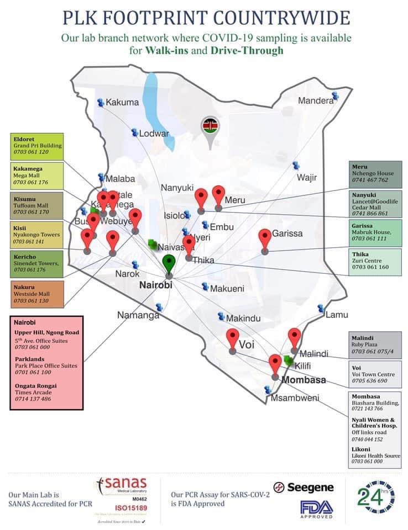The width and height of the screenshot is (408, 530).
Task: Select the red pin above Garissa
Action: pyautogui.click(x=265, y=239)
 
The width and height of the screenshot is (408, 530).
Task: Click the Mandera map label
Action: pyautogui.click(x=316, y=100)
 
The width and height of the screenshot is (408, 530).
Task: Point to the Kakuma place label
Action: pyautogui.click(x=122, y=102)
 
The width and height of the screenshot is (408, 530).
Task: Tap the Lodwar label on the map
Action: pyautogui.click(x=154, y=134)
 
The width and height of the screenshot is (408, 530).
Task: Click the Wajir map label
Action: pyautogui.click(x=307, y=177)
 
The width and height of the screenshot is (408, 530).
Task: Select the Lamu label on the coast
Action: pyautogui.click(x=337, y=315)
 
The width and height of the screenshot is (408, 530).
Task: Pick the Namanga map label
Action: pyautogui.click(x=138, y=315)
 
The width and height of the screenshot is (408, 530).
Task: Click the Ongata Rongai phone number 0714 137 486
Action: pyautogui.click(x=33, y=399)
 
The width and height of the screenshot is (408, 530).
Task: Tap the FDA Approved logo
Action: pyautogui.click(x=316, y=509)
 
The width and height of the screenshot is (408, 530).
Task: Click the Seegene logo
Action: pyautogui.click(x=304, y=487)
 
